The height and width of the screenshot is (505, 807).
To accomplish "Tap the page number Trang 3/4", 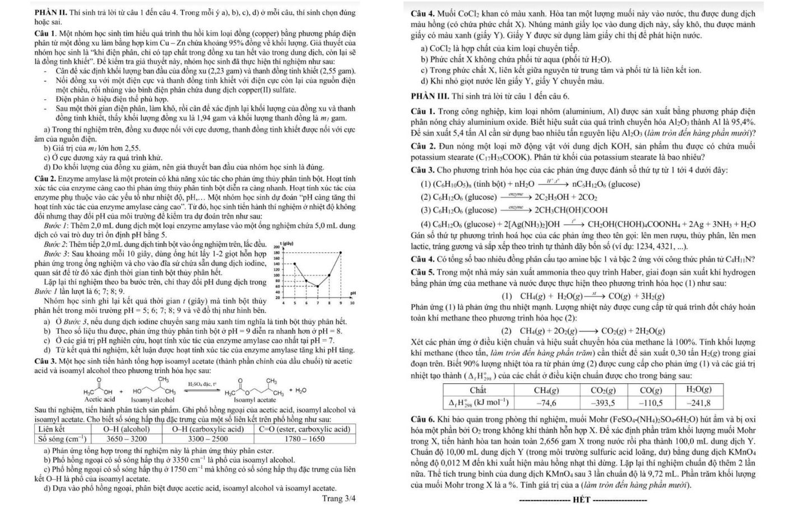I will (x=338, y=498).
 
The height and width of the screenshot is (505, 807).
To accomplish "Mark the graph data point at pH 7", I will (x=318, y=286).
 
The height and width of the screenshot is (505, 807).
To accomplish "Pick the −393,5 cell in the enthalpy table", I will (x=604, y=402).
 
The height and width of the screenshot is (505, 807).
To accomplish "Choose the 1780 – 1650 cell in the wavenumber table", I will (x=304, y=439).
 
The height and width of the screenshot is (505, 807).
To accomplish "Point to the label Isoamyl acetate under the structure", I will (x=255, y=400).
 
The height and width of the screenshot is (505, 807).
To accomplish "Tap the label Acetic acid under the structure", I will (x=99, y=400).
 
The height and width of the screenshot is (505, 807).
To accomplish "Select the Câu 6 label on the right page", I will (x=423, y=420).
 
